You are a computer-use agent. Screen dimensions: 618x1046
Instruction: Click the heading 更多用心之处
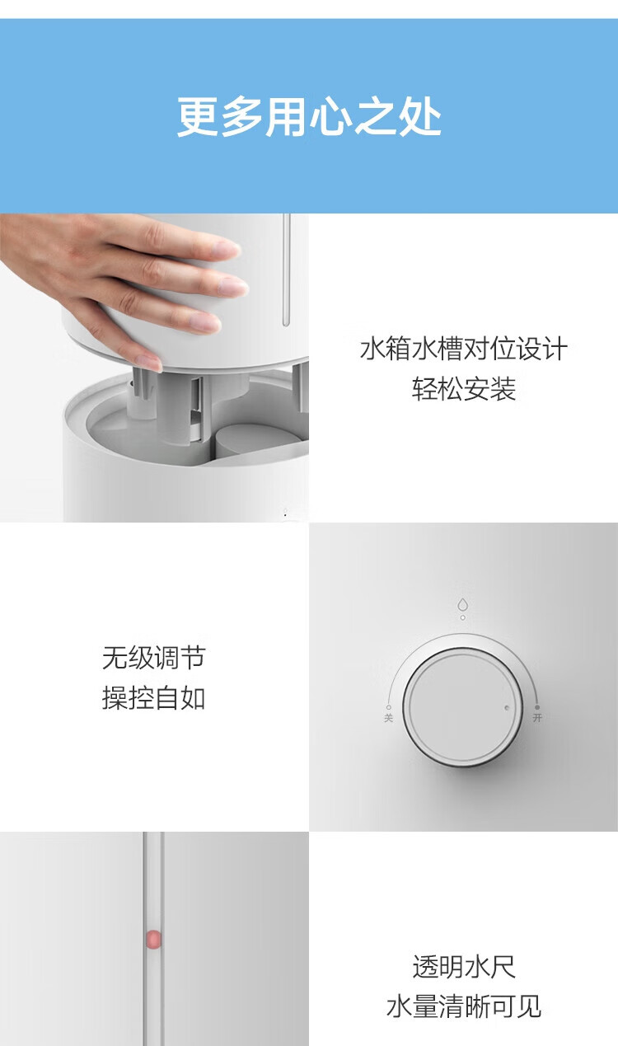309,116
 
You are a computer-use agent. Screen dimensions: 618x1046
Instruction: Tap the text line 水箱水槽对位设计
463,349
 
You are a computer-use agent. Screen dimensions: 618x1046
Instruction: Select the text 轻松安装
463,389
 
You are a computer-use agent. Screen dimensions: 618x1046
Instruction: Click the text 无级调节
154,658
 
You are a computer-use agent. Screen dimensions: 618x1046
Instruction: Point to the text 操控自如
154,698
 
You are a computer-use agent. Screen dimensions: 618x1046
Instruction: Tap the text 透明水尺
463,967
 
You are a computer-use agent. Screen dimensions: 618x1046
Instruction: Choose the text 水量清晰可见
463,1006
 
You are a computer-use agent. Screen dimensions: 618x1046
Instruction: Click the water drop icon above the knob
462,605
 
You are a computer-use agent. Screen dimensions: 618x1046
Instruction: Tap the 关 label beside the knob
389,718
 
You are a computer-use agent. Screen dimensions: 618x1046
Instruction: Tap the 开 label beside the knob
537,717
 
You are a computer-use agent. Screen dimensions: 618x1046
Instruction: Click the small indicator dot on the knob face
507,708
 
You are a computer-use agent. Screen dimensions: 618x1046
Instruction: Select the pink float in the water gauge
153,939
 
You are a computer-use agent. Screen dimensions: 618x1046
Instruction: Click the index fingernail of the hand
227,248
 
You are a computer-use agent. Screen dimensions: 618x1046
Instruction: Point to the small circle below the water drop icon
462,617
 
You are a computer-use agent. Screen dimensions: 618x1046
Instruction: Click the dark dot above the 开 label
537,707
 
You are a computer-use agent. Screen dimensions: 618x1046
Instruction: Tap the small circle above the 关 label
389,707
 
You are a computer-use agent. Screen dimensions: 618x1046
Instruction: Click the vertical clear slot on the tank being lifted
286,270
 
